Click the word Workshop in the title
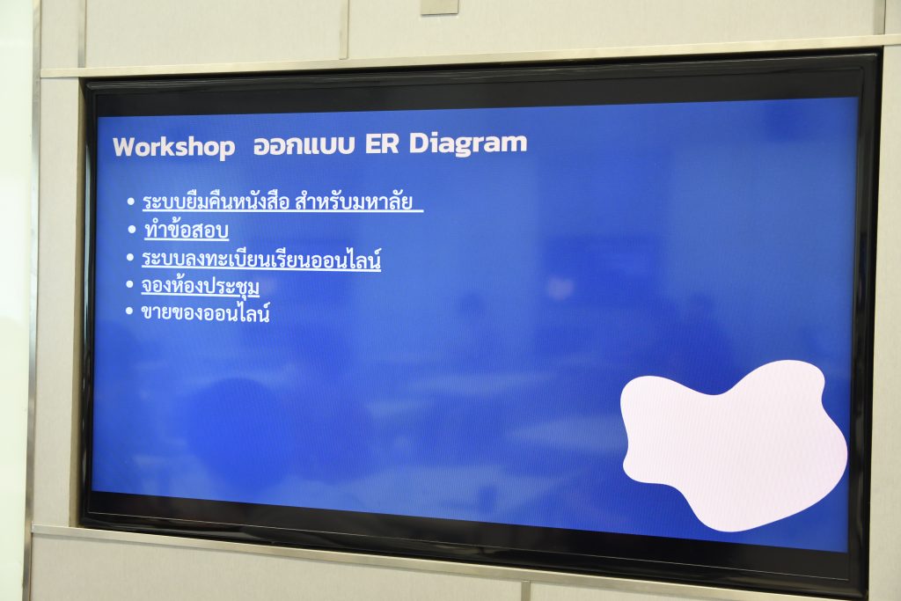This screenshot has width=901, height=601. coord(173,147)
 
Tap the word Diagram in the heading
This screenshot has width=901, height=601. coord(468,143)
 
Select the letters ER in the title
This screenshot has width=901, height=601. coord(382,143)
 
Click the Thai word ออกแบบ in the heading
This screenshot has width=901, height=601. coord(304,145)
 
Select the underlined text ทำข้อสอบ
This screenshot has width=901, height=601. coord(187,231)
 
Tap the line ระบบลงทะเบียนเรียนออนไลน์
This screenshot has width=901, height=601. coord(261,259)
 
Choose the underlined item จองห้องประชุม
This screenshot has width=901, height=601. coord(201,286)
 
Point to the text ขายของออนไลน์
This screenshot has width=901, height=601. coord(205,313)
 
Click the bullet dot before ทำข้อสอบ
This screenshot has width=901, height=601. coord(133,230)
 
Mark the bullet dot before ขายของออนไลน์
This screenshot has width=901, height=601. coord(129,311)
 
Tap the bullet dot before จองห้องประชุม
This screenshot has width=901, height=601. coord(130,284)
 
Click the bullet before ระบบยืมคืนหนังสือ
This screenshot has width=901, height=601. coord(131,202)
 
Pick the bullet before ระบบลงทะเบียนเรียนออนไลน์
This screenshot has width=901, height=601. coord(130,258)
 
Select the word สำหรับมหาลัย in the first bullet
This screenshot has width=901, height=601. coord(354,202)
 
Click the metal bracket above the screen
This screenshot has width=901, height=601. coord(440,6)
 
